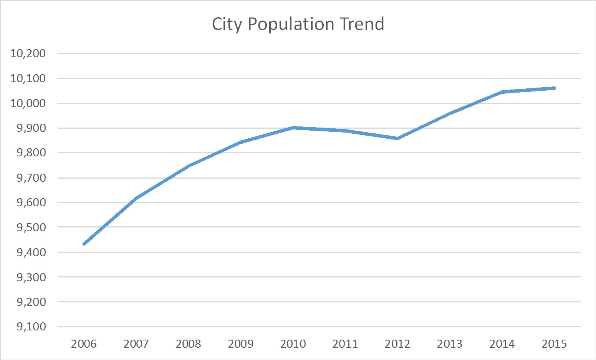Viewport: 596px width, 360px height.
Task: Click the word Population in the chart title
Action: (291, 25)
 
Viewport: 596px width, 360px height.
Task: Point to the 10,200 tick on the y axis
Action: (28, 53)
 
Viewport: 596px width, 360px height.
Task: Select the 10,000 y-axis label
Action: (28, 103)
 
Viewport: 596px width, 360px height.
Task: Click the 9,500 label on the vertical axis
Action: (31, 227)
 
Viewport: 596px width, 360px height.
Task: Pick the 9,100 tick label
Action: (31, 327)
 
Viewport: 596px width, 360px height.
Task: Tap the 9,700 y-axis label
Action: (31, 178)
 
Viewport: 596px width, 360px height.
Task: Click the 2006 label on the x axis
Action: (84, 344)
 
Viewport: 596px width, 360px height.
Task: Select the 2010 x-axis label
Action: (293, 344)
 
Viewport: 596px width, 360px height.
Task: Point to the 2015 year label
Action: (554, 344)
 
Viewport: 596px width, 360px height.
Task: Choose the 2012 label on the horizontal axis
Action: (397, 344)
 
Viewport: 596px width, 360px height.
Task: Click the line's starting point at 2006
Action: (84, 244)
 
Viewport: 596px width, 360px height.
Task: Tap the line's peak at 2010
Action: (293, 128)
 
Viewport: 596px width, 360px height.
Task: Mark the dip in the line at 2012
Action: (397, 138)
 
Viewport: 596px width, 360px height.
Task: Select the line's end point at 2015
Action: (554, 88)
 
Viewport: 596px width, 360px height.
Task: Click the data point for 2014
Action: (502, 92)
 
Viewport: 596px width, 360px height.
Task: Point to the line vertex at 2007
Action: (136, 198)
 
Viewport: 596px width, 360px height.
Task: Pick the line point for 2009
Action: (241, 142)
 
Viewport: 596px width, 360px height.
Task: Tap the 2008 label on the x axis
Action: (188, 344)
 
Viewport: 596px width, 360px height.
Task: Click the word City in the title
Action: (227, 25)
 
